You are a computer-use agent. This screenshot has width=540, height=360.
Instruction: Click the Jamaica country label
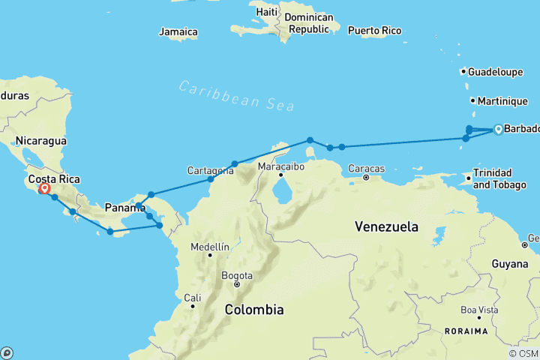178,32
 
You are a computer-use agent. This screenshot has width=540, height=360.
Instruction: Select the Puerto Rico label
374,31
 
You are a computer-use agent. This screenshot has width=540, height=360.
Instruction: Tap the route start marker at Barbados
497,130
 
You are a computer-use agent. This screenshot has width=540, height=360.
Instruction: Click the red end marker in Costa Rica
44,188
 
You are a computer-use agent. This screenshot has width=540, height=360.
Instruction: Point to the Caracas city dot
366,178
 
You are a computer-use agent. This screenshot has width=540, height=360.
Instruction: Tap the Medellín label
210,247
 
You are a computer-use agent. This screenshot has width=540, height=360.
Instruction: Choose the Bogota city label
237,275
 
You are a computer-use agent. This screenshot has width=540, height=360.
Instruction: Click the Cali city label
193,298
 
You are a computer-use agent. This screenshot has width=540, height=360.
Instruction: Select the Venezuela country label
388,226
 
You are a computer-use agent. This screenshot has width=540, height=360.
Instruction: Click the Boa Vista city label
479,309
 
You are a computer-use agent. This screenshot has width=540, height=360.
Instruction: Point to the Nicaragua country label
41,140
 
